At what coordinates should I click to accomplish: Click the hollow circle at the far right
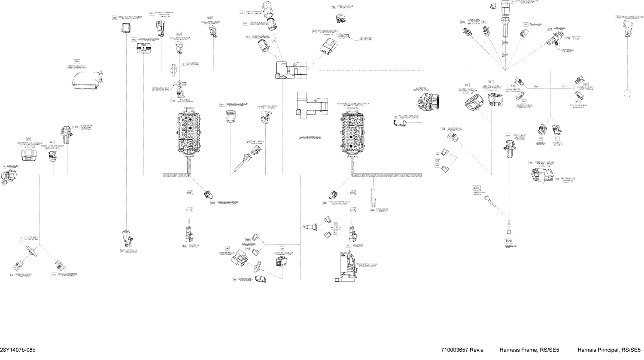[x=628, y=94]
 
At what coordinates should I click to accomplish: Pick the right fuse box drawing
[x=353, y=133]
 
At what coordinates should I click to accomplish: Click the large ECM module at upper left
[x=88, y=81]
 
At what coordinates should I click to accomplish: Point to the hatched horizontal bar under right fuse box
[x=386, y=174]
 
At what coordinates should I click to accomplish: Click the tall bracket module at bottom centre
[x=348, y=266]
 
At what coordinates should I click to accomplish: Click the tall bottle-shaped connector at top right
[x=505, y=13]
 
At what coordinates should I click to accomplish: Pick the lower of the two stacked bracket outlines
[x=311, y=105]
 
